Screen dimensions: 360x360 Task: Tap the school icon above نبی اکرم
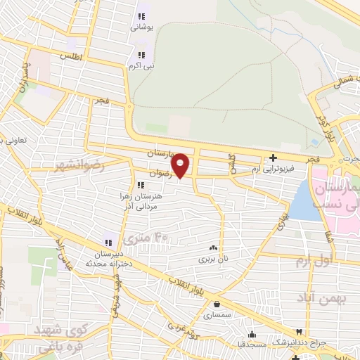tap(141, 54)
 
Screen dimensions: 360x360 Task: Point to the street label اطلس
tap(71, 54)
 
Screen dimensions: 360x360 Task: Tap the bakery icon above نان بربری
tap(213, 247)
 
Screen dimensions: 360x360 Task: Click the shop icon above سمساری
tap(216, 304)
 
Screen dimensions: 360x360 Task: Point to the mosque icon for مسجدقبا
tap(252, 334)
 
